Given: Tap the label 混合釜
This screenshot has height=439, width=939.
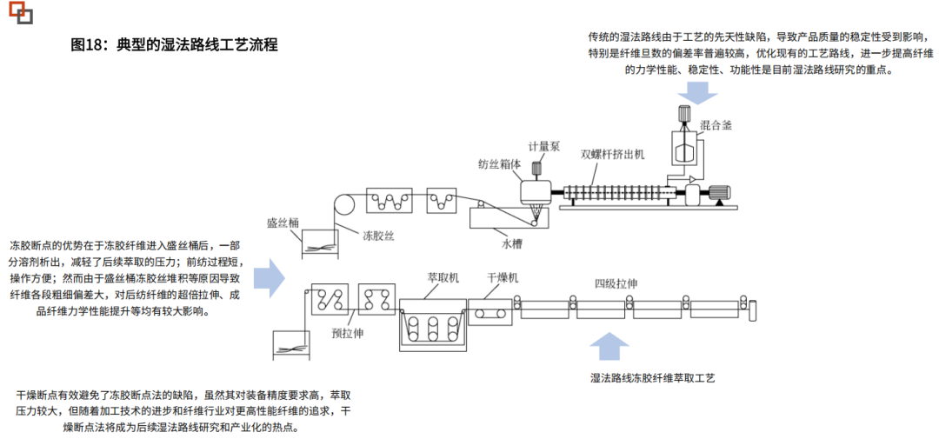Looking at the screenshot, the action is (716, 126).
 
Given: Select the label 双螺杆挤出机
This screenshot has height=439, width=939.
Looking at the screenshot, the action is (612, 153).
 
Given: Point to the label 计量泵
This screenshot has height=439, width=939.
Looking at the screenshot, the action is (543, 146).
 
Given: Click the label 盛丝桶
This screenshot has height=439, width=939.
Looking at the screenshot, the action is (283, 223).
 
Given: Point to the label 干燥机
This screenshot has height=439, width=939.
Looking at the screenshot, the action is (503, 276).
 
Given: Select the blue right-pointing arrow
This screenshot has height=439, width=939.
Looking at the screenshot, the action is (270, 278).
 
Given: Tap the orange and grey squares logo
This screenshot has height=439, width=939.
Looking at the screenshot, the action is (21, 12).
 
